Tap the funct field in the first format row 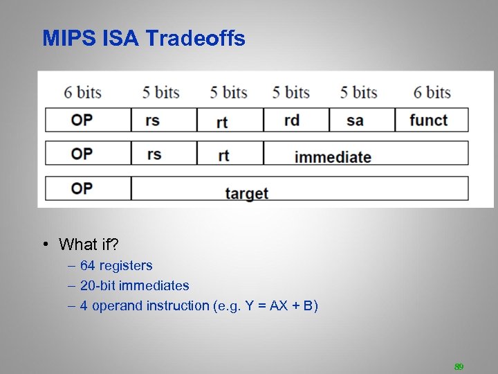click(x=428, y=120)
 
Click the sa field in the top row click(x=355, y=121)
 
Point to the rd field click(x=292, y=121)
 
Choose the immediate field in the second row click(x=333, y=157)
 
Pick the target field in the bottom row click(x=246, y=193)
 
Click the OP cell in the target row click(x=82, y=188)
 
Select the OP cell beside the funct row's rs click(x=82, y=120)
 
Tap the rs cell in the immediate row click(x=154, y=154)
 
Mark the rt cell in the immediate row click(x=223, y=155)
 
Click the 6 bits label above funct click(x=432, y=93)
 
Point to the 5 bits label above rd click(x=290, y=93)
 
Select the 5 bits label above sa click(x=358, y=93)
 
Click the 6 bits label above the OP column click(x=83, y=93)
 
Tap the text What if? click(x=89, y=244)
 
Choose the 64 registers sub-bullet click(x=116, y=265)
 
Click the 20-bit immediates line click(x=134, y=285)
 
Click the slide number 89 click(x=458, y=366)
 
